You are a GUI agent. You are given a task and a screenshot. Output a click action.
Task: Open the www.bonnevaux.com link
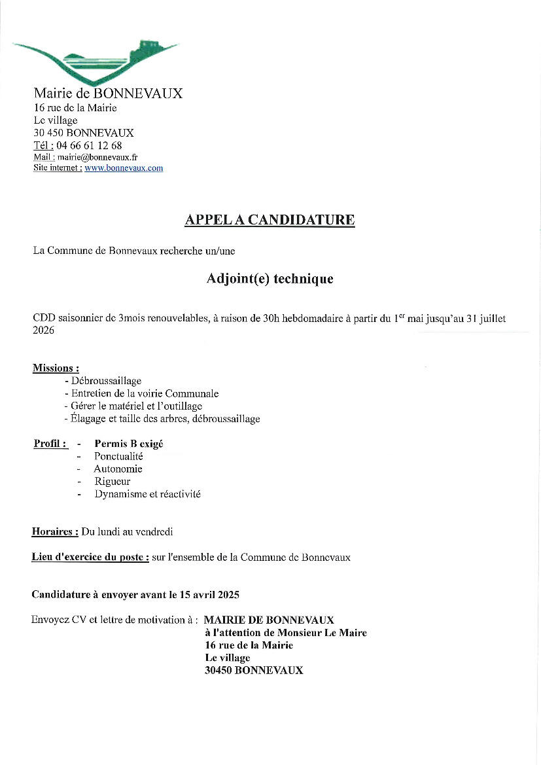[x=124, y=168]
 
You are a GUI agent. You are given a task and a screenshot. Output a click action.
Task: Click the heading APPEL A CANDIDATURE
[x=270, y=220]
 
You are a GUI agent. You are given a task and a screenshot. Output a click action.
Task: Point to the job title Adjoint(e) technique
[x=270, y=279]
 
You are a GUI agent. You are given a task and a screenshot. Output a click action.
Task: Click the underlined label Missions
[x=56, y=368]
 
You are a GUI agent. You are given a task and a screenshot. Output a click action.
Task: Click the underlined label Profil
[x=50, y=444]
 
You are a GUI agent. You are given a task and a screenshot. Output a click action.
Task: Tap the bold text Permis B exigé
[x=129, y=444]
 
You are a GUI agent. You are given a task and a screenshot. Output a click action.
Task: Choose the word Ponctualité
[x=118, y=456]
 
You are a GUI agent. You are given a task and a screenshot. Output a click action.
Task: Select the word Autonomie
[x=118, y=469]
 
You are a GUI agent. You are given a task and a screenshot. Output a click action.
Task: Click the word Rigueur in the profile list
[x=112, y=482]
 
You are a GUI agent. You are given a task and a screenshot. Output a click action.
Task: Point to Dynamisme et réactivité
[x=147, y=494]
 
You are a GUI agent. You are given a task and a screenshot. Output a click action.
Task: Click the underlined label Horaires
[x=55, y=532]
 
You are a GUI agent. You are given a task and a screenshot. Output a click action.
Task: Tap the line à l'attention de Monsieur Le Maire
[x=285, y=633]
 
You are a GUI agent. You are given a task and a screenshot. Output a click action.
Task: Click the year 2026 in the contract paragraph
[x=43, y=330]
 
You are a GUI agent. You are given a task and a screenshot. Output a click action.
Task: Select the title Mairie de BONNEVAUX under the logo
[x=108, y=93]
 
